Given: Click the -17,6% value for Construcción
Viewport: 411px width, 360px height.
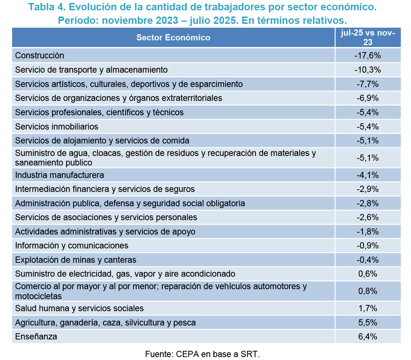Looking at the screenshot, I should pos(367,56).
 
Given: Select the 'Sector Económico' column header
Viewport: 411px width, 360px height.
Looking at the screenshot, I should pos(173,37).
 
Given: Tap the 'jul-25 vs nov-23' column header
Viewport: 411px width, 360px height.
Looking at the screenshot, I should pos(368,37).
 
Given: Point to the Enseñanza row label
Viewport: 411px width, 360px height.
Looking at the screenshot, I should pos(36,337).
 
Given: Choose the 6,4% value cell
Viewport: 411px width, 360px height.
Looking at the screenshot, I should pos(368,337).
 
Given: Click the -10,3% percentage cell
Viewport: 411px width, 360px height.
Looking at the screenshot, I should pos(367,70).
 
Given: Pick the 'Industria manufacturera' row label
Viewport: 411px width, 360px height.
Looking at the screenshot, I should pos(59,175).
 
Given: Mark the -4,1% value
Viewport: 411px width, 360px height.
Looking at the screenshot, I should pos(367,175).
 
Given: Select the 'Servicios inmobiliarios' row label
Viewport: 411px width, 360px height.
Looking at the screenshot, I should pos(57,127).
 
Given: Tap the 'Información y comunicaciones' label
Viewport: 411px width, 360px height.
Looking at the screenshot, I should pos(72,246).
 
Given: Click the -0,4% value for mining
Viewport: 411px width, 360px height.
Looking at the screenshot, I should pos(367,260).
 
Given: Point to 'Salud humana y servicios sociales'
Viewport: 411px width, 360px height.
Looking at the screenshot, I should pos(79,308).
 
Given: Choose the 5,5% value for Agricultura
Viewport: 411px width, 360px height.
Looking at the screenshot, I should pos(368,323).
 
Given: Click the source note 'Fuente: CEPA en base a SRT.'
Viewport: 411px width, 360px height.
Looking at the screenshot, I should pos(202,354).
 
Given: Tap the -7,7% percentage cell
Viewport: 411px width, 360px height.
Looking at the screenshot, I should pos(367,84).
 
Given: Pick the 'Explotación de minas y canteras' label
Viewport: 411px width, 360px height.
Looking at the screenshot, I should pos(76,260).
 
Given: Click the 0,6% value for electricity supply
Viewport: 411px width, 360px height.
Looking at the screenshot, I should pos(368,274).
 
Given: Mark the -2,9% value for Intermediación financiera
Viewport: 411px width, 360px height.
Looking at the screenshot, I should pos(367,189).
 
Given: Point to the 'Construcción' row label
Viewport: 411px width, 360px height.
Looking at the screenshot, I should pos(40,56).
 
